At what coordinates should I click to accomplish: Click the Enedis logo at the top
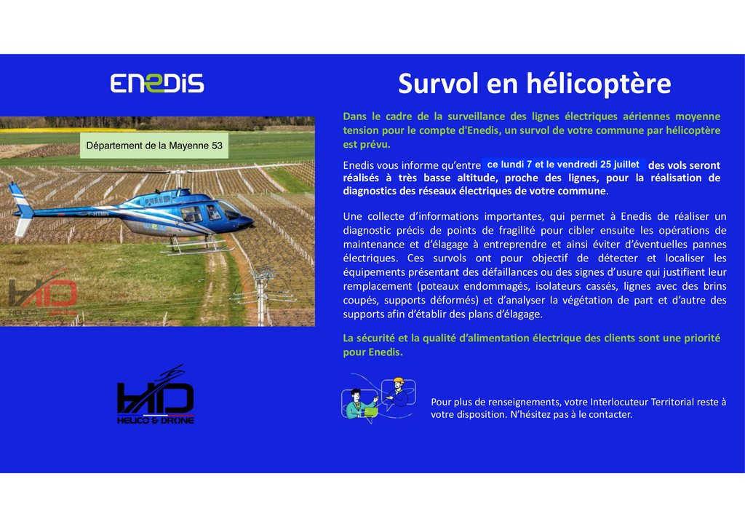click(157, 83)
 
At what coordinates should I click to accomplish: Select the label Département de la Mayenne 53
click(154, 146)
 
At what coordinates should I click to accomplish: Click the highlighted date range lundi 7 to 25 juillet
click(563, 165)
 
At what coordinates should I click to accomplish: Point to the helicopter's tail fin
click(21, 209)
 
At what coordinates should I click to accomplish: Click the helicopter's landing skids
click(196, 246)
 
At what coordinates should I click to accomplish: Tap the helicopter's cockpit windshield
click(228, 209)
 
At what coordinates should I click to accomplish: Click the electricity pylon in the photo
click(261, 296)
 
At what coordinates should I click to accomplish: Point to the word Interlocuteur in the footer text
click(619, 402)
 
